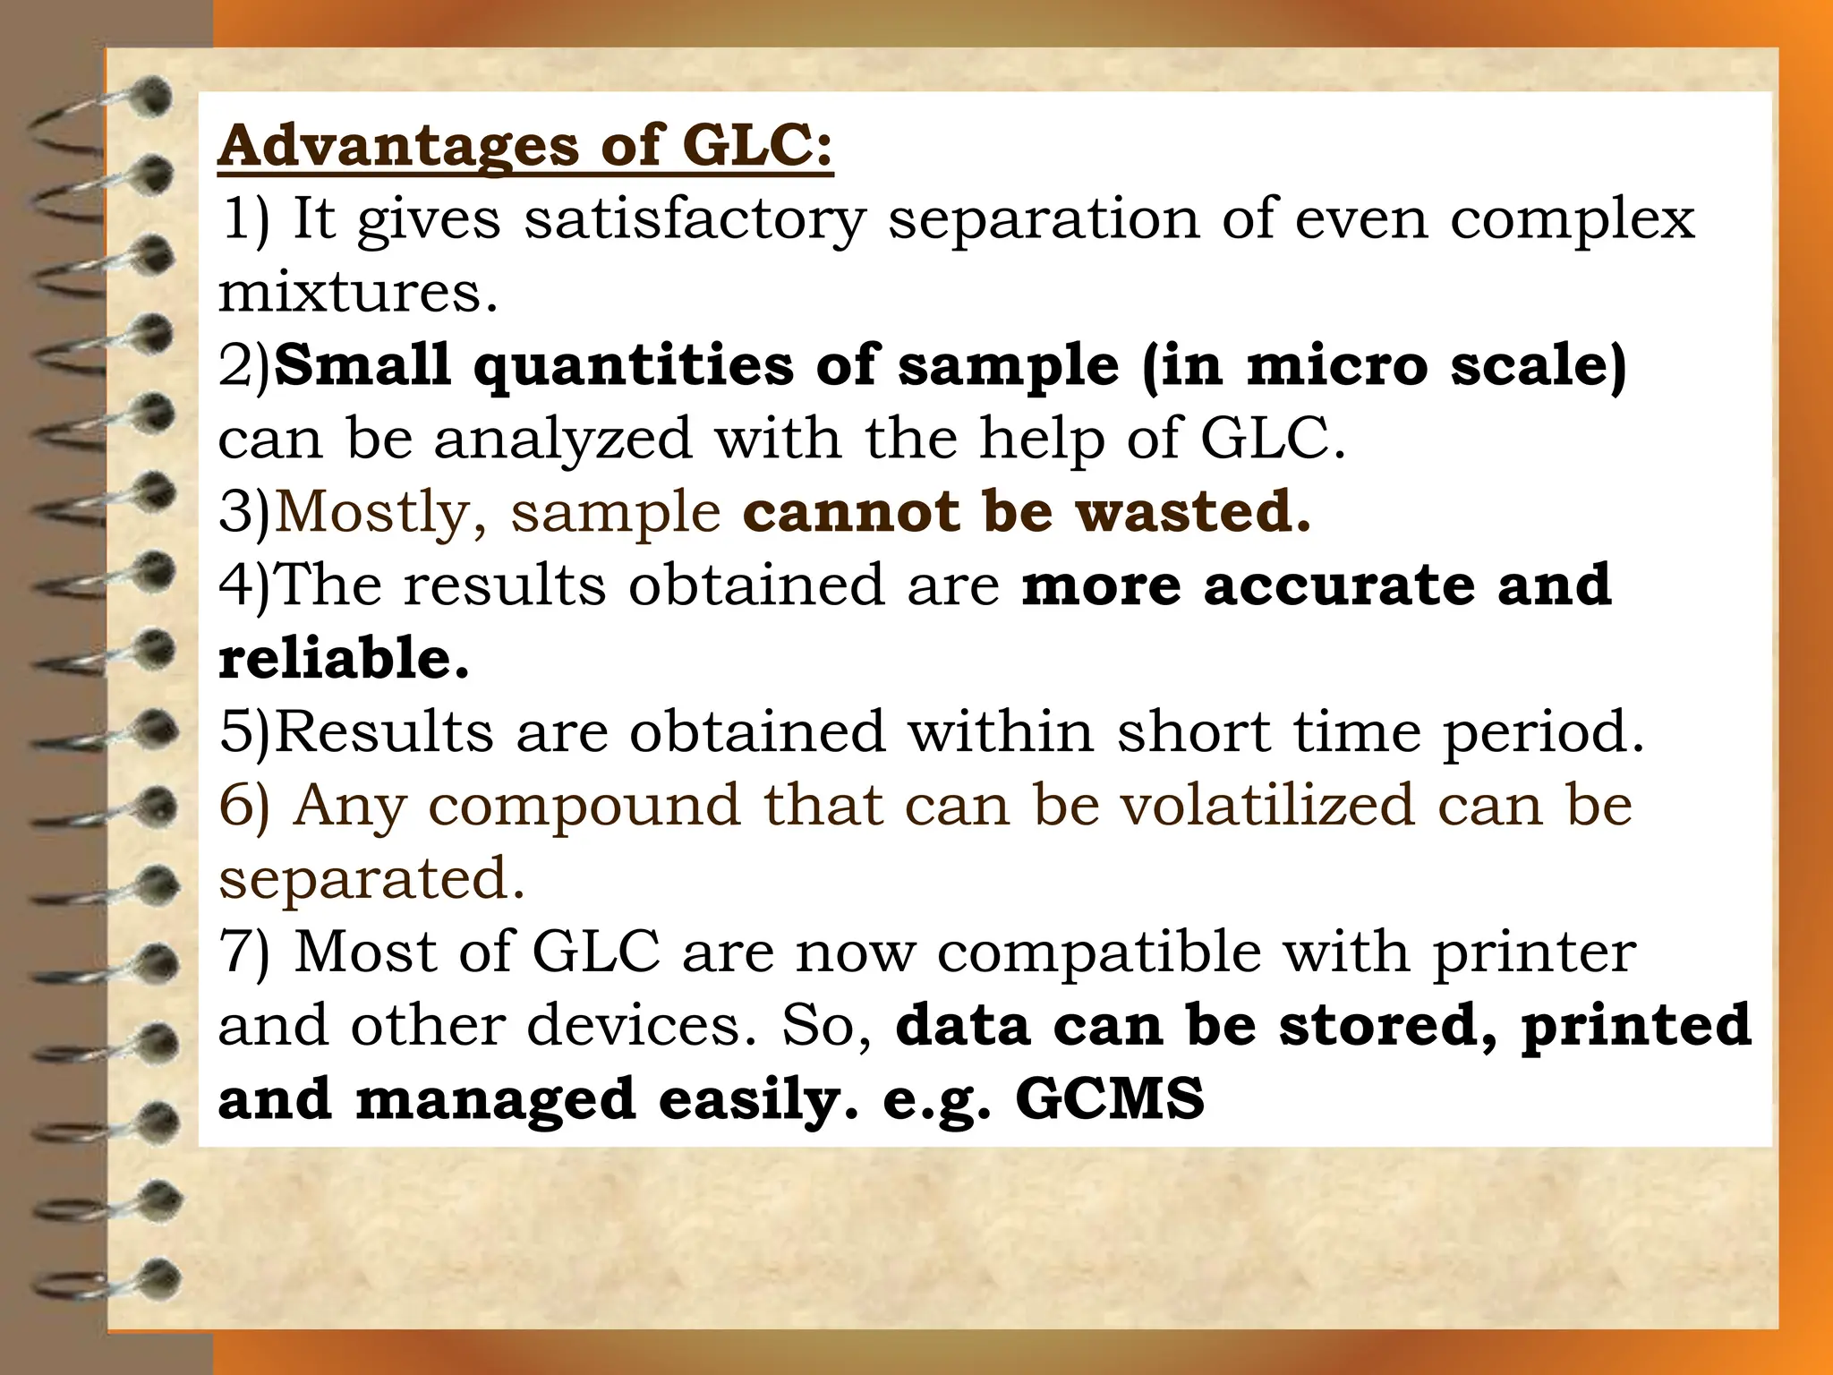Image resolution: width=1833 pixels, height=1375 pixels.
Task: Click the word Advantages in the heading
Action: (x=398, y=146)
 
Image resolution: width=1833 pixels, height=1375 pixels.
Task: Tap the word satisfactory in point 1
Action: (x=695, y=219)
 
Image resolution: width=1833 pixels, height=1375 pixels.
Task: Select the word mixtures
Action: (x=357, y=293)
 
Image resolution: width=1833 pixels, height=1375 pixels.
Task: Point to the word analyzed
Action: (x=563, y=440)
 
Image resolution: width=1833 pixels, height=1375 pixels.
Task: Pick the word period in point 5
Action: (x=1543, y=733)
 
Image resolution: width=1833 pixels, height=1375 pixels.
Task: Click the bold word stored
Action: (x=1388, y=1025)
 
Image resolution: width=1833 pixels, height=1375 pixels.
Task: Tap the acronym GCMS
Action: (x=1110, y=1098)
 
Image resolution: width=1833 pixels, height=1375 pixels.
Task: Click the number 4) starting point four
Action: (x=243, y=585)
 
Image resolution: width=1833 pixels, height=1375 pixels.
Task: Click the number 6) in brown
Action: (x=243, y=805)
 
